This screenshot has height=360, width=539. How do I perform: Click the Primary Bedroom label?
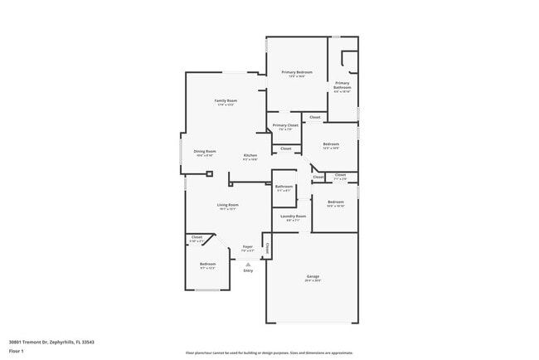(x=297, y=72)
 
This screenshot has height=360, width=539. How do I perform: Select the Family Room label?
(x=226, y=100)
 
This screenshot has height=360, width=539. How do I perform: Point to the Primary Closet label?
(x=286, y=125)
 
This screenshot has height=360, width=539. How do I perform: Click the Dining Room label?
(x=205, y=151)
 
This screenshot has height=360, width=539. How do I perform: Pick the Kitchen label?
(x=250, y=155)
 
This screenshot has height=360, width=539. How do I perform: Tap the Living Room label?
(x=228, y=205)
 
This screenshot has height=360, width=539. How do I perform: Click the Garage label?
(x=313, y=276)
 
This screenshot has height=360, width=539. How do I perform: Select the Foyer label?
(x=247, y=246)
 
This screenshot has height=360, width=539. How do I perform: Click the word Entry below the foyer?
(x=248, y=270)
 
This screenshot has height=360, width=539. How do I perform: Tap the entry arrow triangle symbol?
(x=248, y=264)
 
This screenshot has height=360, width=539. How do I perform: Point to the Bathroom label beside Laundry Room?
(x=284, y=187)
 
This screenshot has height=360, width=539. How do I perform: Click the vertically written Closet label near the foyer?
(x=267, y=246)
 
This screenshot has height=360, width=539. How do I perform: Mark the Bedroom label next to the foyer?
(x=207, y=264)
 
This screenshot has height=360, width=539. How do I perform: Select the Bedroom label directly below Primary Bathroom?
(x=331, y=144)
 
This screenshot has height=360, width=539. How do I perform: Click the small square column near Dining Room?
(x=210, y=174)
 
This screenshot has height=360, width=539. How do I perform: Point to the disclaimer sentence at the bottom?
(x=269, y=353)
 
